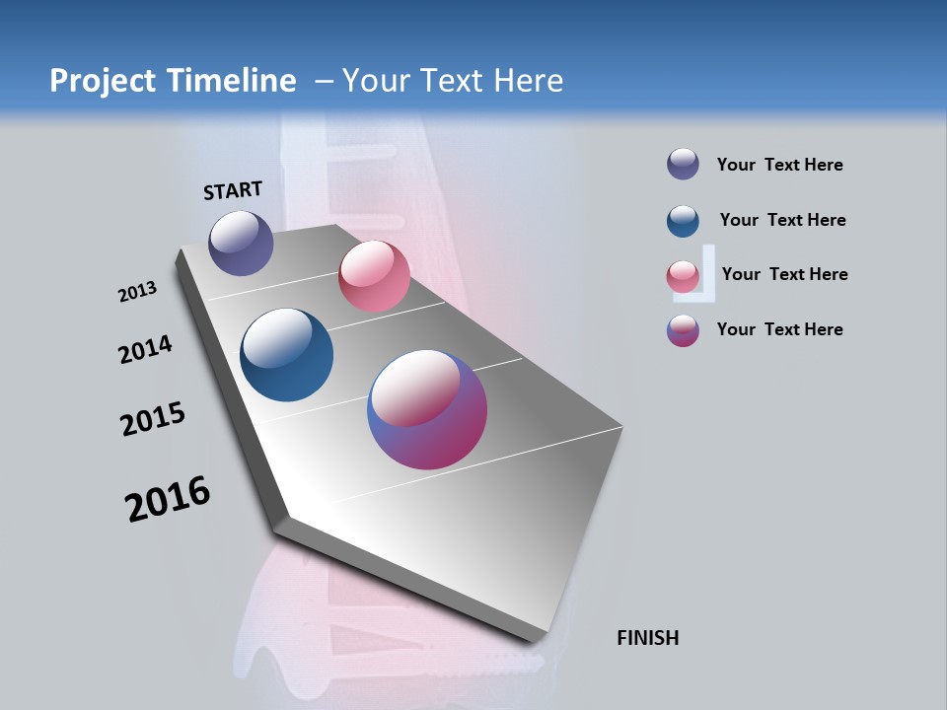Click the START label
[233, 190]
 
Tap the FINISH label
[647, 638]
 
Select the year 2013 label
[137, 292]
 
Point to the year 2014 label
[145, 349]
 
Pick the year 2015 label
[152, 418]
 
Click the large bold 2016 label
[168, 499]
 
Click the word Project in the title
[103, 81]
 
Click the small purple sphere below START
[241, 243]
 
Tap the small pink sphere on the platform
[374, 276]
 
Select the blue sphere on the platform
[287, 355]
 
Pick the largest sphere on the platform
[427, 409]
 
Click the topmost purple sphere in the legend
[683, 164]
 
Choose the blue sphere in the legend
[683, 221]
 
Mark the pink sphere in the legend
[683, 276]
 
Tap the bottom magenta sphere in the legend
[683, 330]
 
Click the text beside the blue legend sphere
[782, 220]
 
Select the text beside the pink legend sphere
[784, 274]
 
